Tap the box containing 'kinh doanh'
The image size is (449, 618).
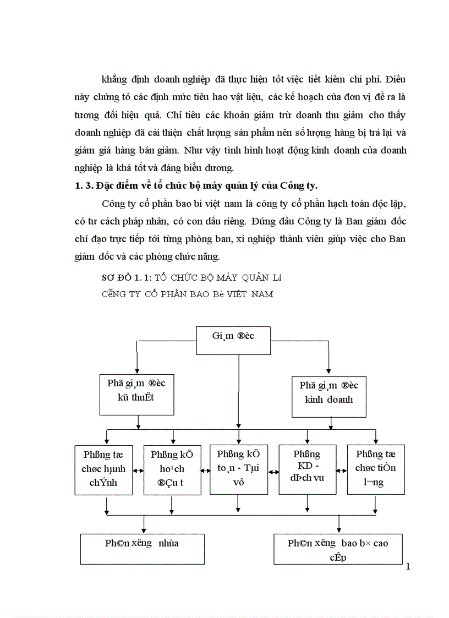coord(328,392)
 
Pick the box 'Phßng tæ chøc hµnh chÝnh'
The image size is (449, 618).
coord(100,469)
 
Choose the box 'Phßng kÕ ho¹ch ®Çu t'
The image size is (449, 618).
coord(171,469)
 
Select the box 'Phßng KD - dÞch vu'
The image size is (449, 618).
coord(308,469)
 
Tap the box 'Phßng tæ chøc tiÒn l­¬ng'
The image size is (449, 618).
coord(375,469)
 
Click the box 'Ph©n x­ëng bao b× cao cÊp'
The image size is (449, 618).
coord(338,549)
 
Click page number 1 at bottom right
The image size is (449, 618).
coord(408,567)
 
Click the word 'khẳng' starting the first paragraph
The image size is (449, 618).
coord(107,79)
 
